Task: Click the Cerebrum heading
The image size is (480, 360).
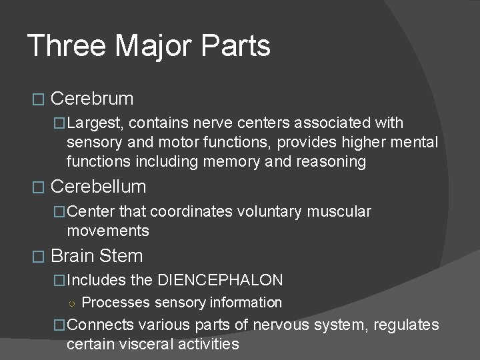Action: (92, 99)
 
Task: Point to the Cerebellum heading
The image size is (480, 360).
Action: (97, 187)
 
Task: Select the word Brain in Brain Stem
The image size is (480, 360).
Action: (72, 256)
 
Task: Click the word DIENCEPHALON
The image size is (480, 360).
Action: (220, 281)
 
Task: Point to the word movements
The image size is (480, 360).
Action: (108, 231)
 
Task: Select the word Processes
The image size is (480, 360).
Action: (116, 303)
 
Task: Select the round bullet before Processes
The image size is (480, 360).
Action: (71, 303)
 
